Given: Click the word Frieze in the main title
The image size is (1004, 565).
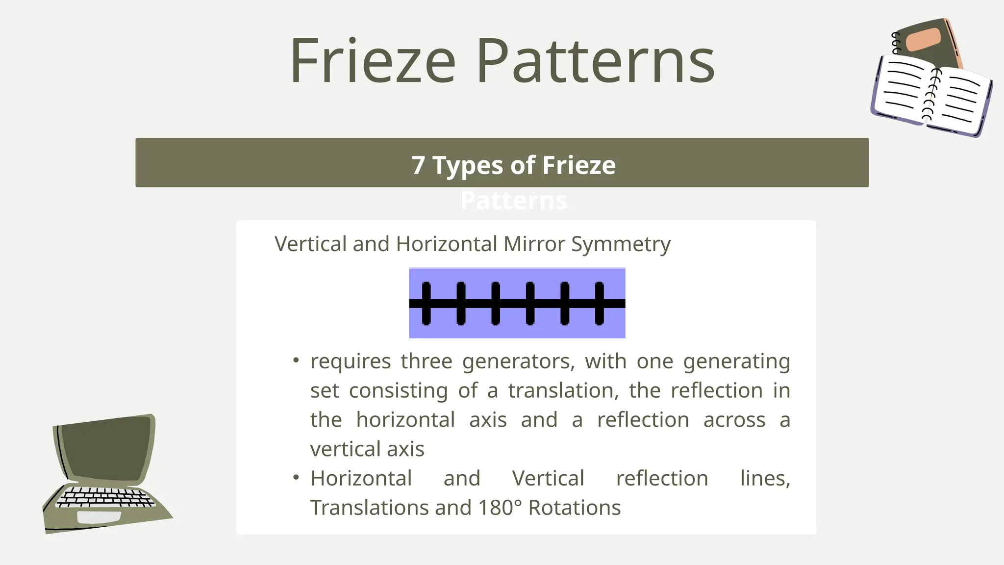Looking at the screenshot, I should click(x=373, y=61).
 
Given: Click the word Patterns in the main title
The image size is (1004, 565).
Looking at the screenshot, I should click(x=595, y=61).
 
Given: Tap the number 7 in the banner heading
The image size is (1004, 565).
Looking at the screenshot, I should click(x=418, y=165).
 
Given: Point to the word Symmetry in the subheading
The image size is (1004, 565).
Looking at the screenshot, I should click(x=621, y=244).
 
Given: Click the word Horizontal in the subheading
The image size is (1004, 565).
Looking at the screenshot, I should click(x=447, y=244).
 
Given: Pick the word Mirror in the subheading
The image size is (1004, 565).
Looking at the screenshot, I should click(x=534, y=244).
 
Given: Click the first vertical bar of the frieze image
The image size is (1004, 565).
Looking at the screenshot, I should click(x=426, y=303).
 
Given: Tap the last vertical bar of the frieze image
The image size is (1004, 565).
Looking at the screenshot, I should click(x=599, y=303).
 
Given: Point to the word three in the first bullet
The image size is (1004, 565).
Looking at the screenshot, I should click(x=426, y=361).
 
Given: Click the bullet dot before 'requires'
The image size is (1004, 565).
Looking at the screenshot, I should click(x=296, y=361).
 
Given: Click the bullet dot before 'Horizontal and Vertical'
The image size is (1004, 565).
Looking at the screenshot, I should click(x=296, y=478).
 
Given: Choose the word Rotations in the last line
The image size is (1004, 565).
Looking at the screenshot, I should click(x=574, y=508).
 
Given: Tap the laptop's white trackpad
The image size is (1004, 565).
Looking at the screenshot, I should click(x=99, y=517).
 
